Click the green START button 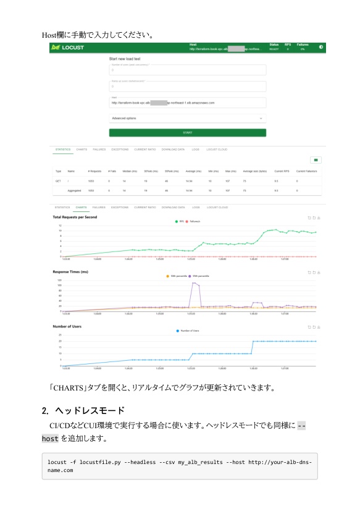[187, 133]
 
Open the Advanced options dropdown [187, 118]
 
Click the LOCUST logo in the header [68, 48]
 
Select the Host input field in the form [187, 103]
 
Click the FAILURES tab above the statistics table [99, 150]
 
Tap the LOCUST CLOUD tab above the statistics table [217, 150]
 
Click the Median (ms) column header [129, 171]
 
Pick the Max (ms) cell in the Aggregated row [230, 191]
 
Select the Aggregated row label [75, 191]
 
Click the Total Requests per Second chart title [75, 217]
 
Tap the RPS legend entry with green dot [180, 221]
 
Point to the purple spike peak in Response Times [194, 283]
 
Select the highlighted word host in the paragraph [50, 438]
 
